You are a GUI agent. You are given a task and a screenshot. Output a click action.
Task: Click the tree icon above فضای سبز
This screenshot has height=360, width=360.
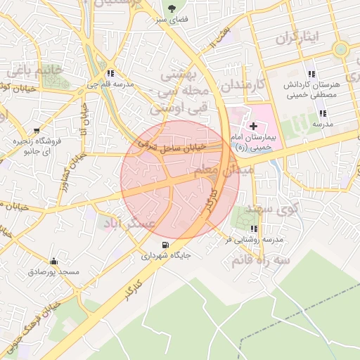pyautogui.click(x=172, y=8)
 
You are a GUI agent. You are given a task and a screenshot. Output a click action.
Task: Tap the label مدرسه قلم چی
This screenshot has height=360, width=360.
pyautogui.click(x=110, y=84)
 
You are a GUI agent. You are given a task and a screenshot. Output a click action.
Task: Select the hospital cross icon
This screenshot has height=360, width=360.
pyautogui.click(x=253, y=124)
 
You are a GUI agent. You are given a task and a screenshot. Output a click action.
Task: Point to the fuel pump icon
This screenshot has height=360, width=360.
pyautogui.click(x=165, y=245)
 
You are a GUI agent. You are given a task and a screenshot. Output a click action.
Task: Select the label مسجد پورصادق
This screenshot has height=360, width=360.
pyautogui.click(x=55, y=272)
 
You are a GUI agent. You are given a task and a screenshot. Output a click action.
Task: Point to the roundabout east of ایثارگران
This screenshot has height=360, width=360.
pyautogui.click(x=341, y=49)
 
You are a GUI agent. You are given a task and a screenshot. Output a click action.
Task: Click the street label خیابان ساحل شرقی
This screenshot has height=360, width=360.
pyautogui.click(x=172, y=146)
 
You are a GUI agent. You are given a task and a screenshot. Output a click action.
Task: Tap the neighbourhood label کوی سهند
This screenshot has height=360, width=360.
pyautogui.click(x=279, y=207)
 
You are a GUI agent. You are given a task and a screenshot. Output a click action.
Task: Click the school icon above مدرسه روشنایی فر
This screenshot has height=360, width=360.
pyautogui.click(x=253, y=229)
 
